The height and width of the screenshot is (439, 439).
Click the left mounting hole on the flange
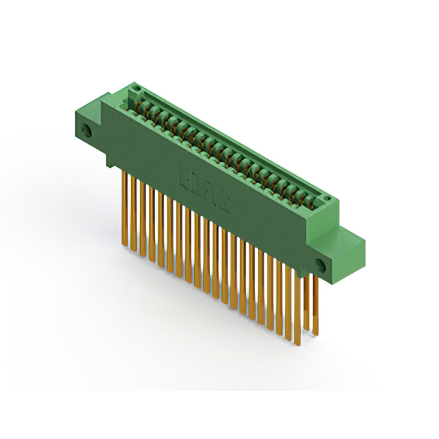point(86,130)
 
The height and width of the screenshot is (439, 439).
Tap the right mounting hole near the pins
point(320,264)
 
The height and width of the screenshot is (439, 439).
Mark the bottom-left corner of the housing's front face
point(108,164)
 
